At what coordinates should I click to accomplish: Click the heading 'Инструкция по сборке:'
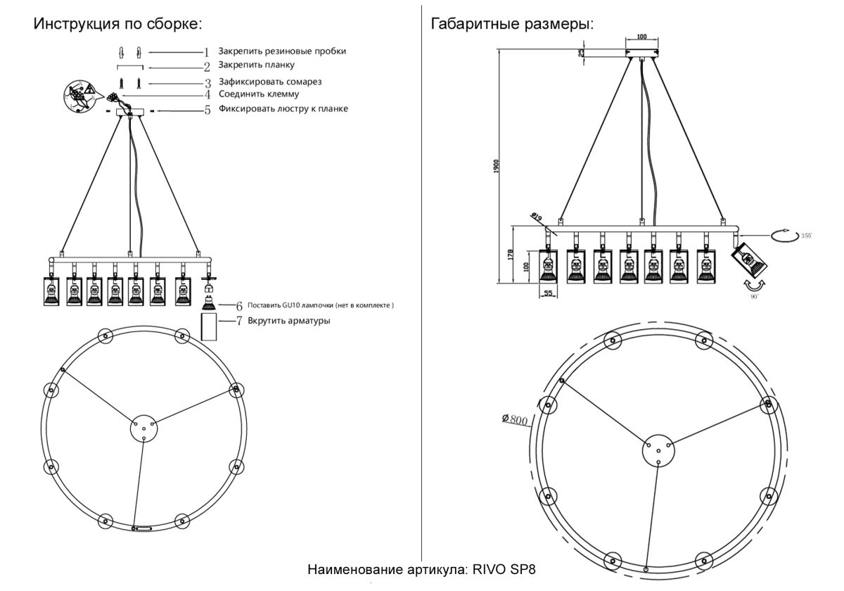tap(117, 24)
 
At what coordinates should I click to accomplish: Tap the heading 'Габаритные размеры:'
tap(512, 24)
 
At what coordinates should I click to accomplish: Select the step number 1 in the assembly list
tap(207, 52)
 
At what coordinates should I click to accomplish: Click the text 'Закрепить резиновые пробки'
tap(282, 51)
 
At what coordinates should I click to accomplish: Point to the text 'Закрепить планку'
tap(255, 65)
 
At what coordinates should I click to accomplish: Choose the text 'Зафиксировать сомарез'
tap(269, 82)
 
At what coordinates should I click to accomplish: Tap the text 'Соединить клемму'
tap(259, 94)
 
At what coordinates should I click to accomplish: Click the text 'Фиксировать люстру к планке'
tap(283, 109)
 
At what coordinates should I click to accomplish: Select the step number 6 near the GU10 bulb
tap(239, 306)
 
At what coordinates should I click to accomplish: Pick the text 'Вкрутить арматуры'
tap(289, 321)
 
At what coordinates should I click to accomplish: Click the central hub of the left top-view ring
tap(143, 427)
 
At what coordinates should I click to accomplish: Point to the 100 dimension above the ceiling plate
tap(641, 37)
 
